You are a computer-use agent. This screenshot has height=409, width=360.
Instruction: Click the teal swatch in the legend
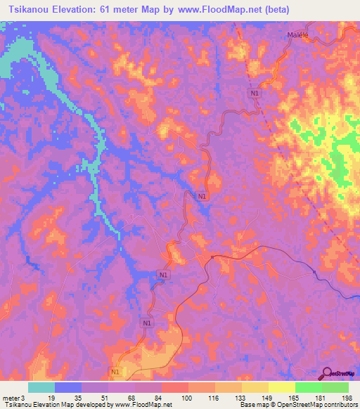coord(41,387)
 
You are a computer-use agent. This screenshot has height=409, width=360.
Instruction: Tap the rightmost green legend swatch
coord(335,387)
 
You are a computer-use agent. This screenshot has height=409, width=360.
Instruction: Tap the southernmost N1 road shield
coord(115,371)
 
